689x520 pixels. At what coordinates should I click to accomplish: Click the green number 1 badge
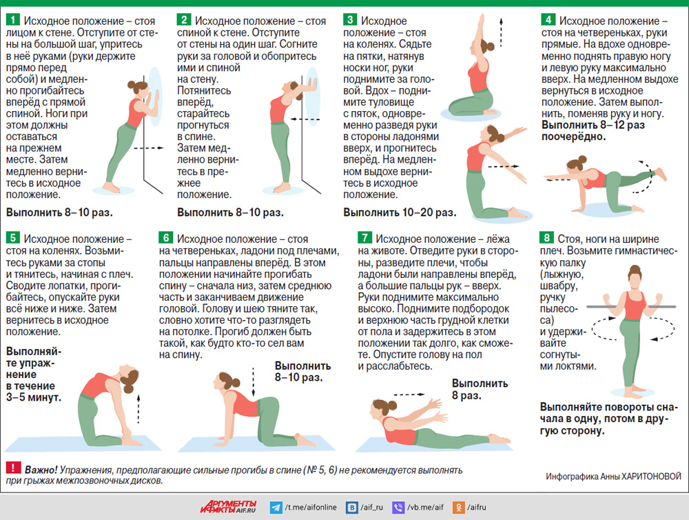[13, 20]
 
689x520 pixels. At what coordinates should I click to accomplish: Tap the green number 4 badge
[548, 20]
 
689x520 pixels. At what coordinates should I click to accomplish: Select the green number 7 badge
[364, 237]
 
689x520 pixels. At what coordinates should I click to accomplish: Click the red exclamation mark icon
[13, 468]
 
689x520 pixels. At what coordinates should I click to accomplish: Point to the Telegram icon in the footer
[276, 508]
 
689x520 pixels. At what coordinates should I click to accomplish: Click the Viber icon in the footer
[398, 508]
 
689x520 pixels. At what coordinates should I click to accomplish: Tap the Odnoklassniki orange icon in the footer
[459, 508]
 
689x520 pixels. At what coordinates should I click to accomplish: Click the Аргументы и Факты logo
[228, 508]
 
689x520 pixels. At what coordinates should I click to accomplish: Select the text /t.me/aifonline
[311, 508]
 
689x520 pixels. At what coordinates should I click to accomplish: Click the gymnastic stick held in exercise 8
[631, 307]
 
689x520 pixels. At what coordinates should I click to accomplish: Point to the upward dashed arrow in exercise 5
[138, 409]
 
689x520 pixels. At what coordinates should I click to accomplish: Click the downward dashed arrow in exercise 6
[253, 383]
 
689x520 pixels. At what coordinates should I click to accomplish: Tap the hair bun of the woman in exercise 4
[583, 159]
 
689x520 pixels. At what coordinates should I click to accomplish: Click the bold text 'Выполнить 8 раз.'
[480, 390]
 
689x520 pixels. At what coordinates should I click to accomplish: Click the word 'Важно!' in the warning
[41, 470]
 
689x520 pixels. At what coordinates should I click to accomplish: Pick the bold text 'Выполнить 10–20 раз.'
[400, 212]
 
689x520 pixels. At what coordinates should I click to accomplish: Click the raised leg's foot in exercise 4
[661, 174]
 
